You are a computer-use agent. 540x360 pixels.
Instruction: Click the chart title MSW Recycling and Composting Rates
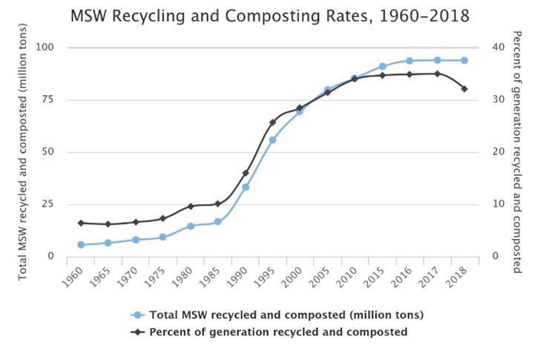click(270, 16)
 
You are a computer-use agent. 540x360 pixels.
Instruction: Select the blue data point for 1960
click(81, 245)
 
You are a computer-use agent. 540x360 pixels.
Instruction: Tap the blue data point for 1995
click(272, 140)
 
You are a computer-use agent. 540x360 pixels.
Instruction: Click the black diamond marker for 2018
click(464, 88)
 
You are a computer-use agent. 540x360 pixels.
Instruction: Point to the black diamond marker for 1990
click(246, 173)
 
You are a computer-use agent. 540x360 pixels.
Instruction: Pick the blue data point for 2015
click(382, 67)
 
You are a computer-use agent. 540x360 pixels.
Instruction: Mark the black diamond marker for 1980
click(191, 206)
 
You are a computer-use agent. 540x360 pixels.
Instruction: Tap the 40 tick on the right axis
click(499, 48)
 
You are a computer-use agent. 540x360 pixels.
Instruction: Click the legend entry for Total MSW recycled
click(286, 315)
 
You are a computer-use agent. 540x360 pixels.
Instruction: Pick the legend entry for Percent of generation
click(278, 332)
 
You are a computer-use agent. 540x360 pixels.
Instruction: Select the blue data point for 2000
click(300, 111)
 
